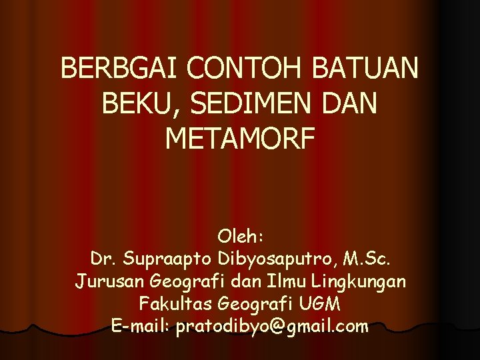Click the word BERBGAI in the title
[120, 69]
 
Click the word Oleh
[241, 237]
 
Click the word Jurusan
[105, 281]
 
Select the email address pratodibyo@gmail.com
[272, 326]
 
